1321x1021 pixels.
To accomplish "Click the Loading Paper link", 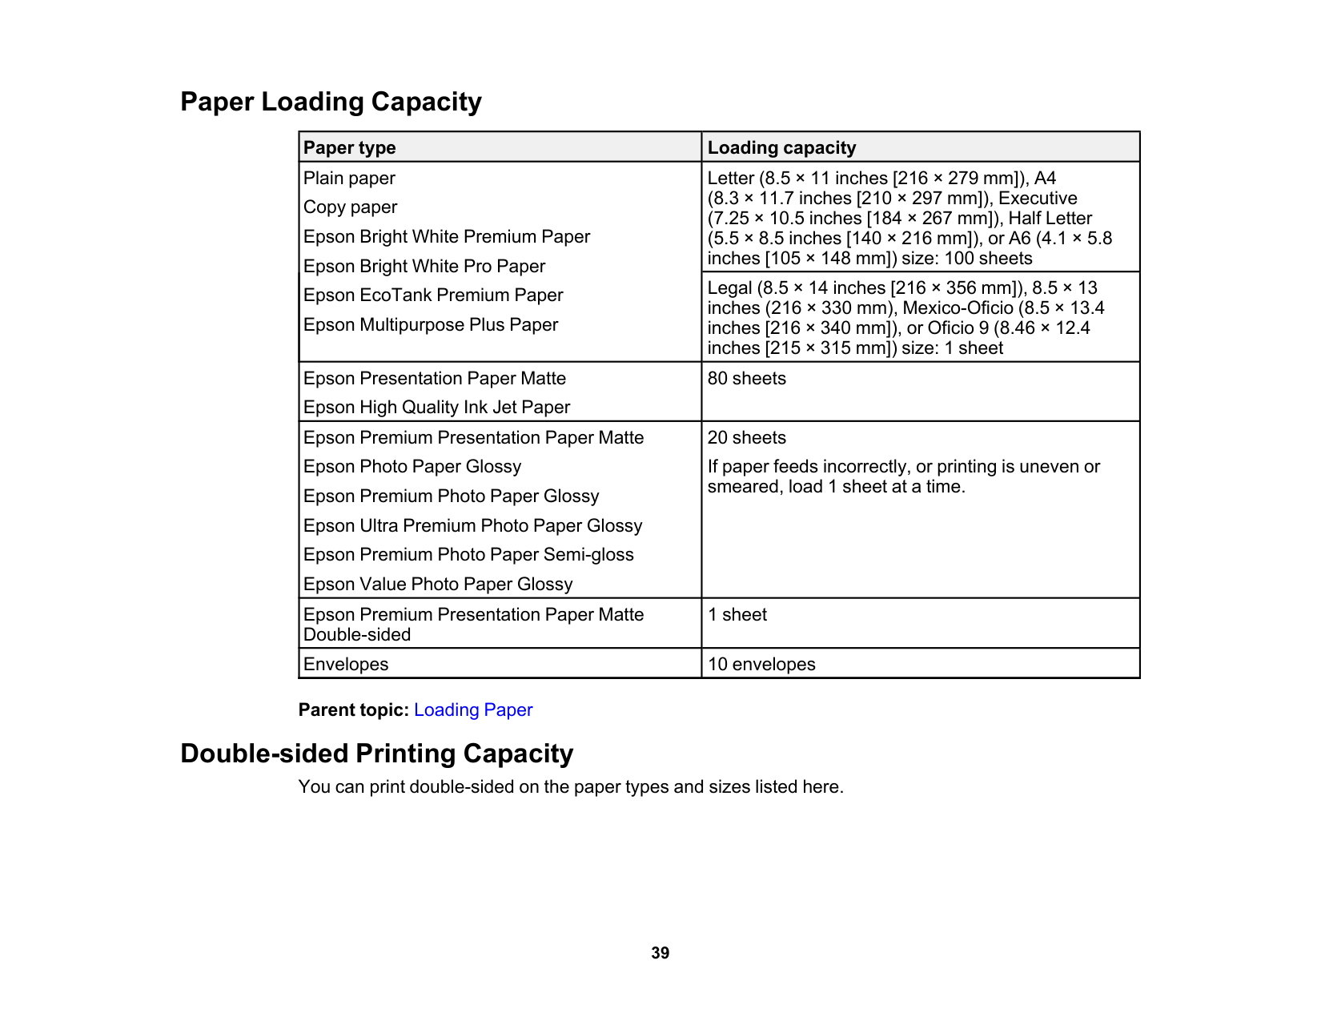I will pos(472,710).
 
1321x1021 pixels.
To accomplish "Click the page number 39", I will pos(660,953).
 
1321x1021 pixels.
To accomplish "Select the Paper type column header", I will pos(350,148).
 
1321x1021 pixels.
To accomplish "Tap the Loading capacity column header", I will pos(781,148).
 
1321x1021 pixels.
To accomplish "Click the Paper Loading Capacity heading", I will pos(331,102).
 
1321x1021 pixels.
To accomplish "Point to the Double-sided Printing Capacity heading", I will pos(376,754).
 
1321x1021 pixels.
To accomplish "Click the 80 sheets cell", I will pos(746,379).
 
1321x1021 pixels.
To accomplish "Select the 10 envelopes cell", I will pos(761,665).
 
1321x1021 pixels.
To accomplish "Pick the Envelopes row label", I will pos(346,665).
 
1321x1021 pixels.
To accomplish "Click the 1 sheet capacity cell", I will pos(737,615).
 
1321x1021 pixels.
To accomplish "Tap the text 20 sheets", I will pos(746,438).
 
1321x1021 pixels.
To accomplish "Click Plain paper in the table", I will pos(349,179).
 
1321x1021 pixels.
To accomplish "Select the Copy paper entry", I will pos(350,207).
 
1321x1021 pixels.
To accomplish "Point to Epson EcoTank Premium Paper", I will pos(433,295).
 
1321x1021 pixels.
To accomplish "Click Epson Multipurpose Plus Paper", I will pos(431,325).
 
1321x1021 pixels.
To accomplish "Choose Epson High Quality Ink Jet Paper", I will pos(436,408).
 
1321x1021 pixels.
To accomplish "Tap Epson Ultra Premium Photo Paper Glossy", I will pos(472,526).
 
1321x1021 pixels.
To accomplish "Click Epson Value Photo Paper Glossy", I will pos(438,585).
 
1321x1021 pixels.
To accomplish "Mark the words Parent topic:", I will pos(353,710).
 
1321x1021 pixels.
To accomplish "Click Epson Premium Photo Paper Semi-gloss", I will pos(468,555).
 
